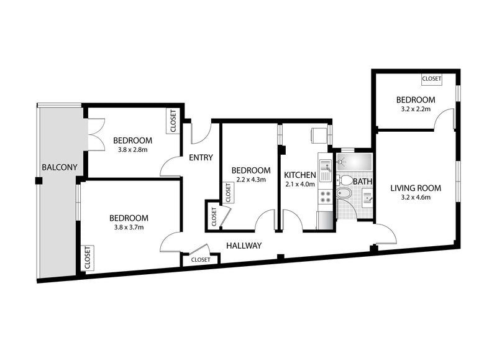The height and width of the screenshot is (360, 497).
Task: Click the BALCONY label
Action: [x=60, y=167]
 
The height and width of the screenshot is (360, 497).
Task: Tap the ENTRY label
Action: [x=201, y=157]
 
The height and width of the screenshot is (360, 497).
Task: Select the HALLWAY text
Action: [x=244, y=246]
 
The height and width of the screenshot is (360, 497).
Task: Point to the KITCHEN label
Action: [x=300, y=175]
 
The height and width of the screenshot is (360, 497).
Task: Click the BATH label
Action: [x=362, y=182]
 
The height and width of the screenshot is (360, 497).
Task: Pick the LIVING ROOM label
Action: [x=416, y=188]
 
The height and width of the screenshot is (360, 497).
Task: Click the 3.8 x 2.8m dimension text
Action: [x=133, y=150]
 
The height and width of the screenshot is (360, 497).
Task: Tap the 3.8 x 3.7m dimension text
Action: [x=129, y=228]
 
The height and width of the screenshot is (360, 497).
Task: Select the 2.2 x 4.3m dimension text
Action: [x=251, y=180]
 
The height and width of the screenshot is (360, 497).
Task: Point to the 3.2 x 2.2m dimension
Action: [x=416, y=109]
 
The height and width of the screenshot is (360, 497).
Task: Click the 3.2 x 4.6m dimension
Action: [x=416, y=197]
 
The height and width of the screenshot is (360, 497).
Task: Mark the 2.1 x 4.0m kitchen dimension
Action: [x=300, y=184]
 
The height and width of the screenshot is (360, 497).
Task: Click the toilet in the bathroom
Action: [x=344, y=180]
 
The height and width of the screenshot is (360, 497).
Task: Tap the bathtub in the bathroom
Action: [x=354, y=162]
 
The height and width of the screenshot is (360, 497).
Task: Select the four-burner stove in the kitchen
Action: [x=326, y=196]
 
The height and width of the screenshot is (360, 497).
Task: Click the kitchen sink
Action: [x=326, y=170]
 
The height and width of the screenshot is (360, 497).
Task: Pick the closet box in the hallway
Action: [x=200, y=259]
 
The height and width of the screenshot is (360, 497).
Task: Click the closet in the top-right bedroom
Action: [x=431, y=79]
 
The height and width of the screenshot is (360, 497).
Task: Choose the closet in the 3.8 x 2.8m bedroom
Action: [x=173, y=121]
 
